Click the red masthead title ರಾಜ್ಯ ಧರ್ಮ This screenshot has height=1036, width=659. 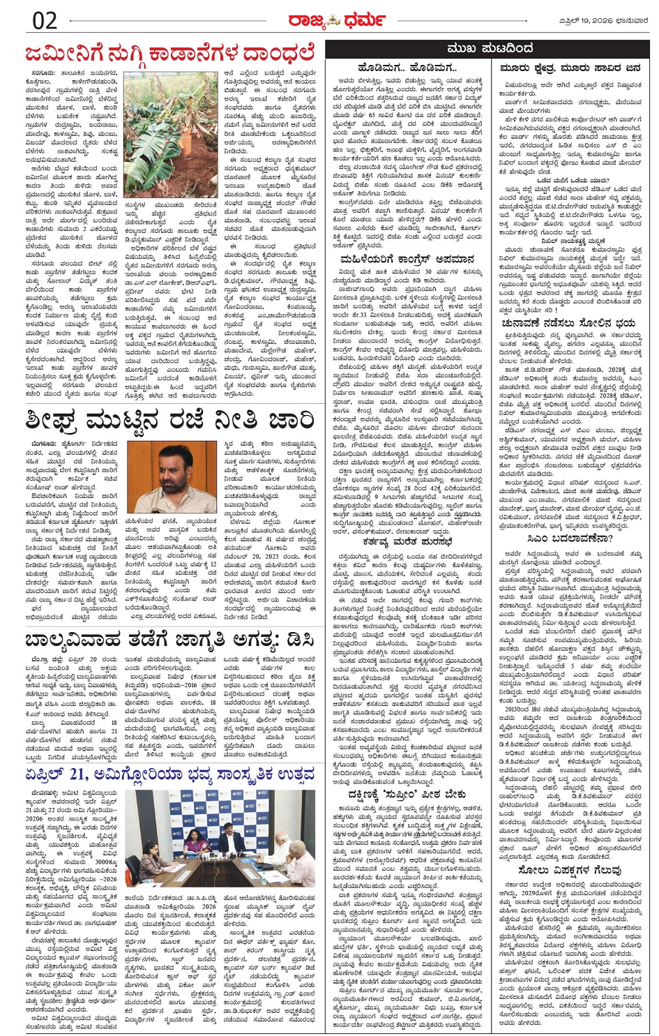coord(326,19)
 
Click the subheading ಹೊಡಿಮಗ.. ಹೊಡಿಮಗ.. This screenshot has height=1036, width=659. coord(407,68)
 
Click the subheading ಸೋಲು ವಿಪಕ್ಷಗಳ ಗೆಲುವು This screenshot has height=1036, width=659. coord(569,870)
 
